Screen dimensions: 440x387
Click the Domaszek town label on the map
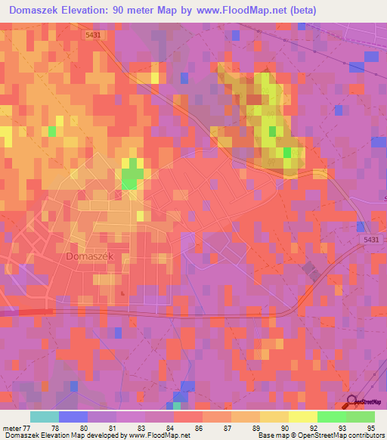click(89, 256)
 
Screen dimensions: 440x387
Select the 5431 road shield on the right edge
click(370, 240)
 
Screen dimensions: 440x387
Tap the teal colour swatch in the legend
click(45, 417)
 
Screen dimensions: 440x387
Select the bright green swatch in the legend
click(332, 417)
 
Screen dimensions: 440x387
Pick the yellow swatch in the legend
click(303, 417)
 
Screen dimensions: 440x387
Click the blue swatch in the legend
click(73, 417)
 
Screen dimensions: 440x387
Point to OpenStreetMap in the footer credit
click(311, 435)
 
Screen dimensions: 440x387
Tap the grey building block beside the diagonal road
click(310, 271)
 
